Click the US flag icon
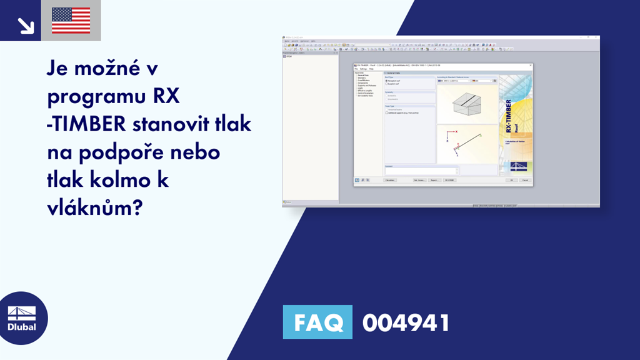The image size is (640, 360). click(71, 21)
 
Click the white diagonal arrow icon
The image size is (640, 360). click(25, 25)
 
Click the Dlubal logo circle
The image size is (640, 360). click(21, 318)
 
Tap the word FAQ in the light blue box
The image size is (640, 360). click(317, 323)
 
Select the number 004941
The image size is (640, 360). click(406, 323)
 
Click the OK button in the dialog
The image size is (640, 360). click(511, 180)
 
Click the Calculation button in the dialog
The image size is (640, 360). click(390, 180)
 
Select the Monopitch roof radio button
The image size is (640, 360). click(387, 81)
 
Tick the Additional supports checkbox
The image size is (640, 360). click(387, 112)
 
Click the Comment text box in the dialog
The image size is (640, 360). click(421, 171)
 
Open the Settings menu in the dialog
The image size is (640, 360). click(363, 69)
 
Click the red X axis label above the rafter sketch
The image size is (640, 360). click(456, 132)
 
